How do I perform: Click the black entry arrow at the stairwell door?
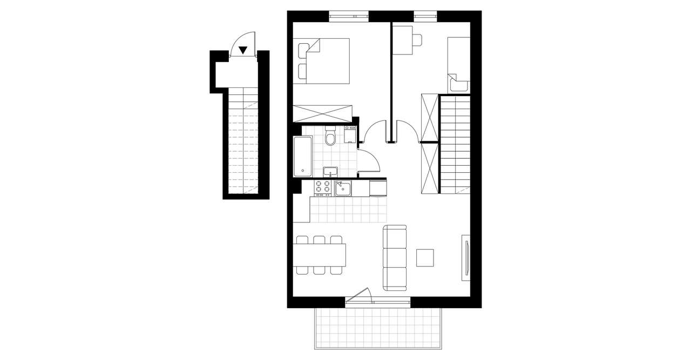pyautogui.click(x=243, y=50)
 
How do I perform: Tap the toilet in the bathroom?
pyautogui.click(x=331, y=138)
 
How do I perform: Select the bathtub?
pyautogui.click(x=302, y=157)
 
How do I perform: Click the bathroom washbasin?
pyautogui.click(x=330, y=172)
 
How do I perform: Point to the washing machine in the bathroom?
pyautogui.click(x=350, y=134)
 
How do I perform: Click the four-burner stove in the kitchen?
pyautogui.click(x=323, y=187)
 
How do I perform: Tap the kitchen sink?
pyautogui.click(x=343, y=188)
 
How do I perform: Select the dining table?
pyautogui.click(x=320, y=255)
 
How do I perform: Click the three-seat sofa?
pyautogui.click(x=395, y=256)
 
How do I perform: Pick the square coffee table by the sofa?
pyautogui.click(x=425, y=257)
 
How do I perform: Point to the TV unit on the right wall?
pyautogui.click(x=465, y=257)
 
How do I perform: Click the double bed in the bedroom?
pyautogui.click(x=324, y=60)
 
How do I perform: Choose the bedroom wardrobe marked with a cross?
pyautogui.click(x=322, y=114)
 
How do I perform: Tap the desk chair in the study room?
pyautogui.click(x=416, y=40)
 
